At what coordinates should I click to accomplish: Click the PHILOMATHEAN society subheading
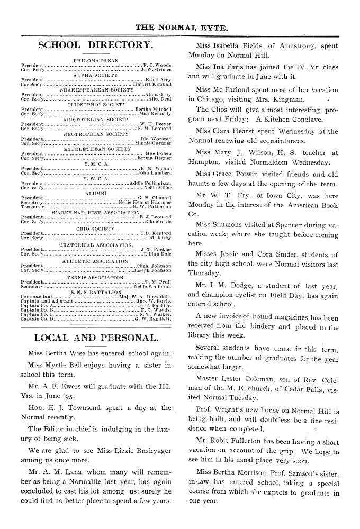(95, 60)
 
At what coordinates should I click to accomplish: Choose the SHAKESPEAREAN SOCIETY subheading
(95, 90)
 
